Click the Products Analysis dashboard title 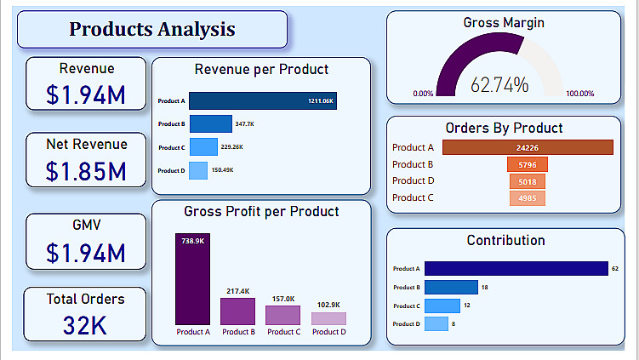point(152,30)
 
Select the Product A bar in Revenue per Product point(262,101)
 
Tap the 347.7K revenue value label point(245,124)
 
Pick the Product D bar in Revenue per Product point(197,170)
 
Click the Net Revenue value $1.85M point(86,171)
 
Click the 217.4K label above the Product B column point(238,291)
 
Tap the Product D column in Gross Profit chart point(328,318)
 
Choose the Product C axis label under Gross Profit point(282,332)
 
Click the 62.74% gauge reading point(499,85)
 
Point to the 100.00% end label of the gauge point(580,94)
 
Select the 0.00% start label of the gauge point(423,94)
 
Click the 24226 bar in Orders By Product point(527,147)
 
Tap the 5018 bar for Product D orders point(527,181)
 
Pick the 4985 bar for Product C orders point(527,198)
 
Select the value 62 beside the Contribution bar point(615,269)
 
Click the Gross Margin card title point(504,23)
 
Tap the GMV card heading point(86,225)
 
